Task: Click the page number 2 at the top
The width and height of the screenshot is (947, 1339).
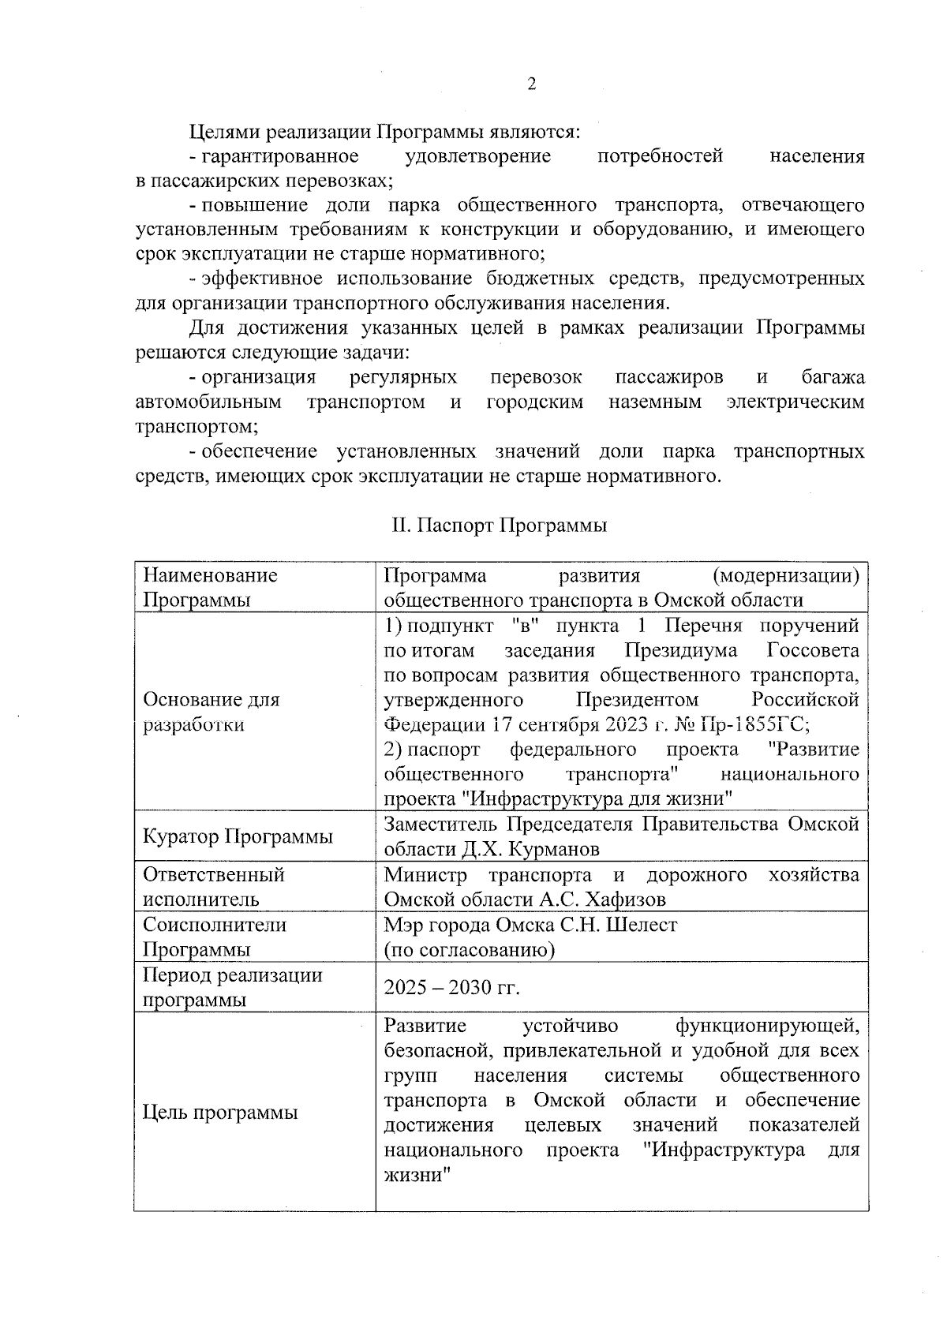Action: [x=531, y=84]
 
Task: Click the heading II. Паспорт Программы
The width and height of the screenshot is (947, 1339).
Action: [x=500, y=526]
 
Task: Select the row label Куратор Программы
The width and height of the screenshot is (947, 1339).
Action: [x=237, y=836]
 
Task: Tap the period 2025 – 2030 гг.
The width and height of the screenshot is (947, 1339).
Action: [x=451, y=988]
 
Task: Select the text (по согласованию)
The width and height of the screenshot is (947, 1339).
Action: [x=469, y=950]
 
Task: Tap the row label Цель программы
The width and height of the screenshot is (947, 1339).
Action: [x=219, y=1113]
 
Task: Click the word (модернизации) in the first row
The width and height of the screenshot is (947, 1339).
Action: [x=784, y=575]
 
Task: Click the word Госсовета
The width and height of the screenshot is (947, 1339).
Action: [x=812, y=650]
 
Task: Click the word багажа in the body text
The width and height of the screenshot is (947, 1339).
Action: [x=833, y=377]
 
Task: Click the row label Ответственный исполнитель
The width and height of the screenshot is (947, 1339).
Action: [x=213, y=887]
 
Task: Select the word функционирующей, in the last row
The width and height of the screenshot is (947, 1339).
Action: [x=766, y=1026]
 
